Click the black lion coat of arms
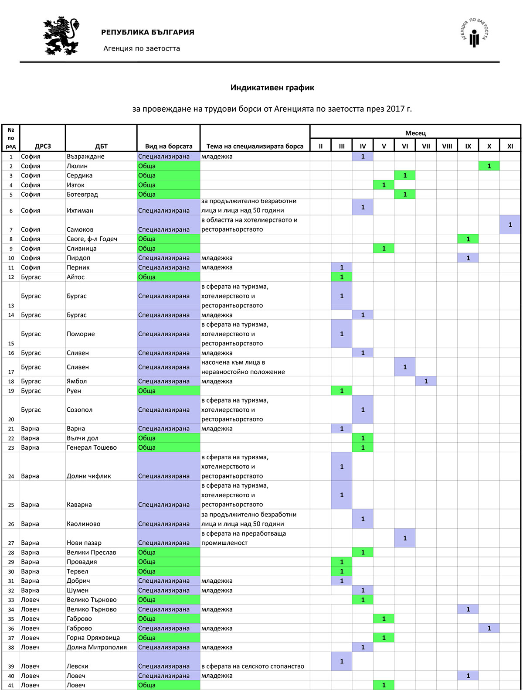tap(61, 36)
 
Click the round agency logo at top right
tap(475, 33)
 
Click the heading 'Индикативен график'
tap(272, 88)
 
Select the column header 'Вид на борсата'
tap(169, 146)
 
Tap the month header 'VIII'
tap(447, 146)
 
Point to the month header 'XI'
tap(510, 146)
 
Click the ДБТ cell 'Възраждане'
tap(85, 157)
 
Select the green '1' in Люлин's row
tap(489, 166)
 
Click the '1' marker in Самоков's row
tap(510, 225)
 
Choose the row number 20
tap(11, 419)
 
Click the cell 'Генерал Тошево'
tap(92, 447)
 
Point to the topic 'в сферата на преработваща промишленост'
tap(243, 538)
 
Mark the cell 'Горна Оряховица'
tap(93, 638)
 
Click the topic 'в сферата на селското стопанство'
tap(253, 666)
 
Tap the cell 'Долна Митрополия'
tap(97, 647)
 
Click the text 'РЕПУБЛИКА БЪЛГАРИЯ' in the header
tap(148, 32)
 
